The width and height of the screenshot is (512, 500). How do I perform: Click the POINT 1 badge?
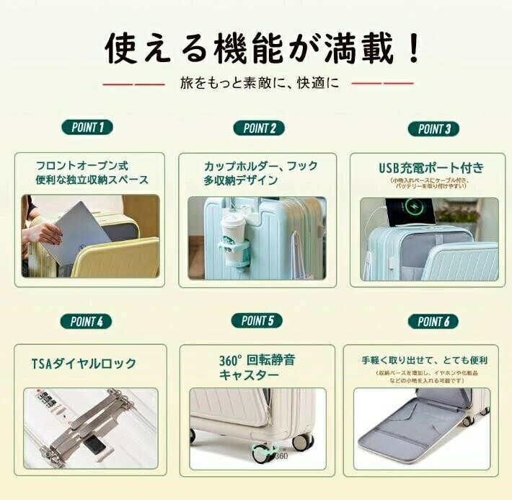87,128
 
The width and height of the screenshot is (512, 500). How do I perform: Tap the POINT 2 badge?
259,128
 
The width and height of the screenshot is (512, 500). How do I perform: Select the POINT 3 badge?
434,129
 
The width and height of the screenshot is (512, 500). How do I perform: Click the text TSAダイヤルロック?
84,364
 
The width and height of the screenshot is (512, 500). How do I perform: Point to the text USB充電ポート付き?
431,168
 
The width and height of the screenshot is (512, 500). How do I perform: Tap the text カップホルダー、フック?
260,166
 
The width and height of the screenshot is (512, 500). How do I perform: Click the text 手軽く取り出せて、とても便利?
425,359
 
